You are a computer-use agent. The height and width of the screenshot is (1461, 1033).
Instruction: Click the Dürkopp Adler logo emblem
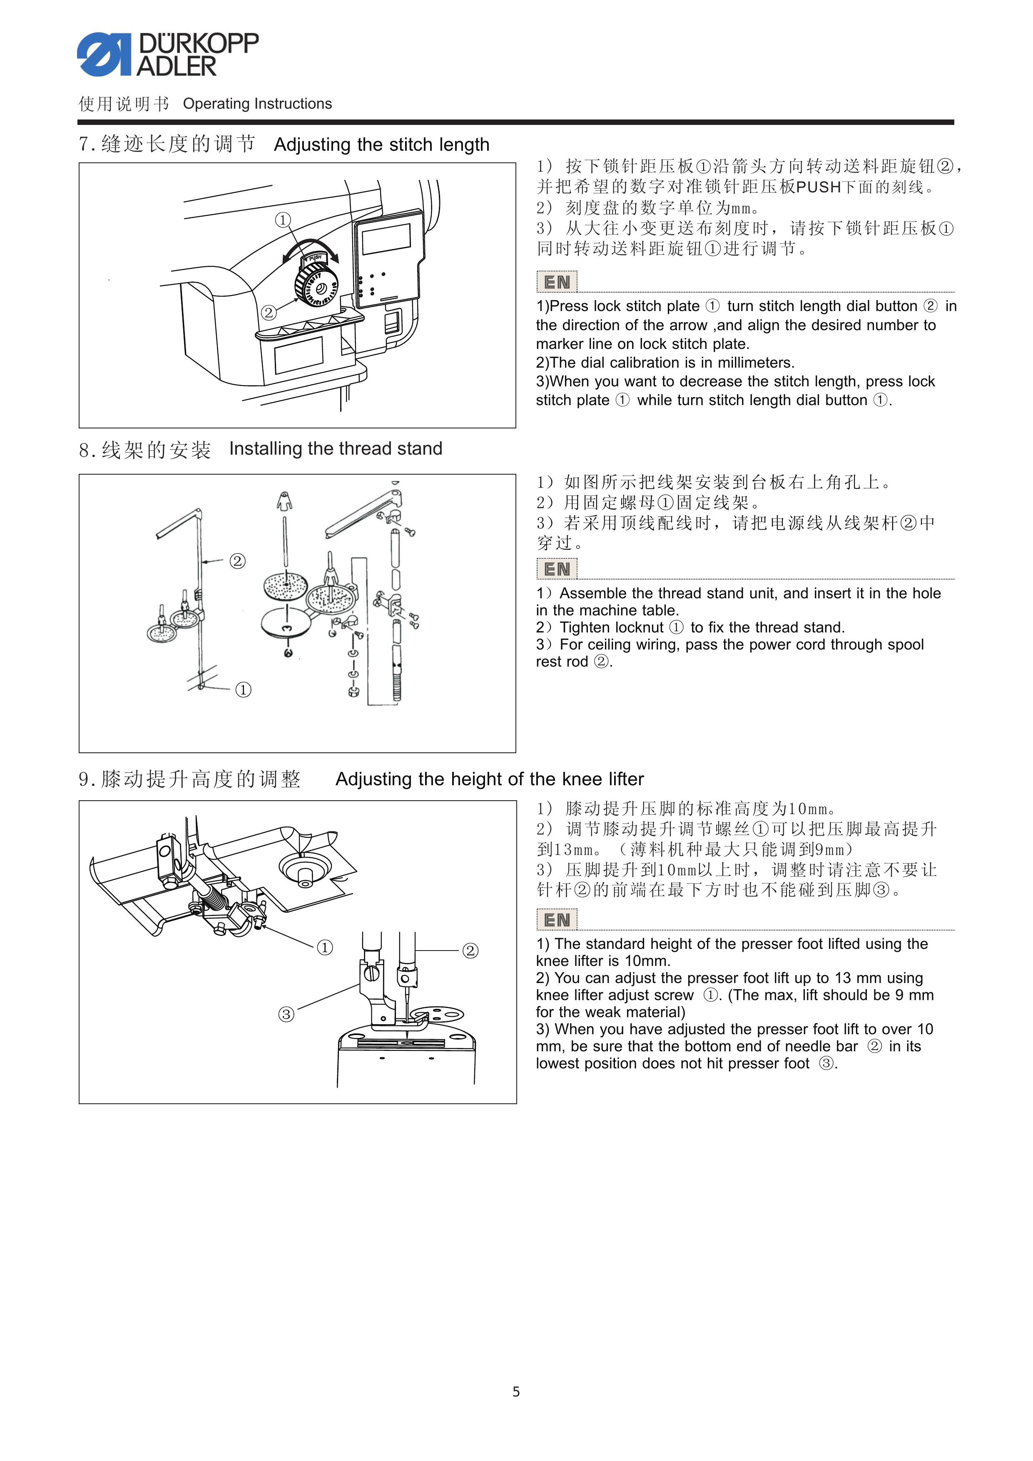click(x=103, y=55)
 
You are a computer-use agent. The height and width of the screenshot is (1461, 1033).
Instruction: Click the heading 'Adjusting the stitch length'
click(x=382, y=145)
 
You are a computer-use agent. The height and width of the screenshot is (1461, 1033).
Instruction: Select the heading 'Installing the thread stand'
click(x=336, y=448)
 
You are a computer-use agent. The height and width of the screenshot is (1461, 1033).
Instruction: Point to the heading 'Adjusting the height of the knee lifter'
click(x=490, y=779)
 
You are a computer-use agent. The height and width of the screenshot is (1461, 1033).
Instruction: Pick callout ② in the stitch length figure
click(x=269, y=312)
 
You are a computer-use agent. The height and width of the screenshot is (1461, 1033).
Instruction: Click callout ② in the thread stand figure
click(x=237, y=560)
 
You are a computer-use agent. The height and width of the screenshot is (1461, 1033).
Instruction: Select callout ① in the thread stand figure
click(x=243, y=690)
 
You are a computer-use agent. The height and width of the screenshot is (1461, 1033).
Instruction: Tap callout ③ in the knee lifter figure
click(x=286, y=1014)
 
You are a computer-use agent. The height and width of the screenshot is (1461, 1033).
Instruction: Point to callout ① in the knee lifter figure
click(x=325, y=948)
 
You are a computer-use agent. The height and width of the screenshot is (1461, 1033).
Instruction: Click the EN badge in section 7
click(x=557, y=282)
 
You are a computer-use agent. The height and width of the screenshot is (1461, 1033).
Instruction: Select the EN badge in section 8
click(x=557, y=569)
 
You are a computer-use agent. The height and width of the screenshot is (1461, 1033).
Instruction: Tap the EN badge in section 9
click(x=557, y=919)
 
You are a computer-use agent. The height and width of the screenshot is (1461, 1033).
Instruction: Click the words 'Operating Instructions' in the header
click(x=257, y=104)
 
